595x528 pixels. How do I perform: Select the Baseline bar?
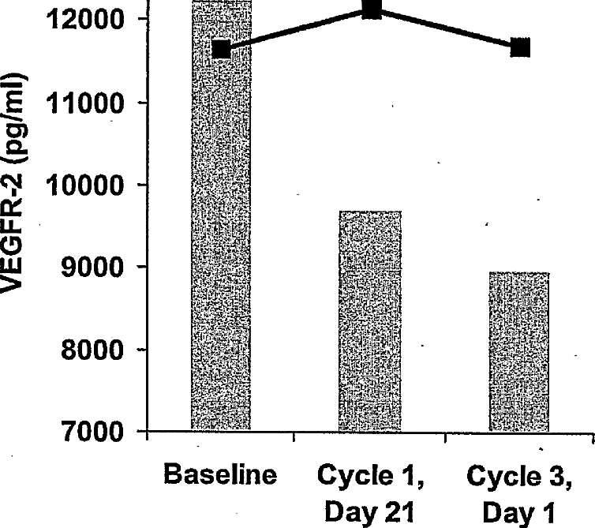click(221, 237)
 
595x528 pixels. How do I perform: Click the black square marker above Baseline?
click(222, 50)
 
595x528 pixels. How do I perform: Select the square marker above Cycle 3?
click(519, 48)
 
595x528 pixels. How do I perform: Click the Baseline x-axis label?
click(222, 476)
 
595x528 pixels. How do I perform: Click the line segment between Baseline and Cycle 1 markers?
click(297, 30)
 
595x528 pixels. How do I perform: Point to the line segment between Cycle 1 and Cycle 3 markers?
click(446, 29)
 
